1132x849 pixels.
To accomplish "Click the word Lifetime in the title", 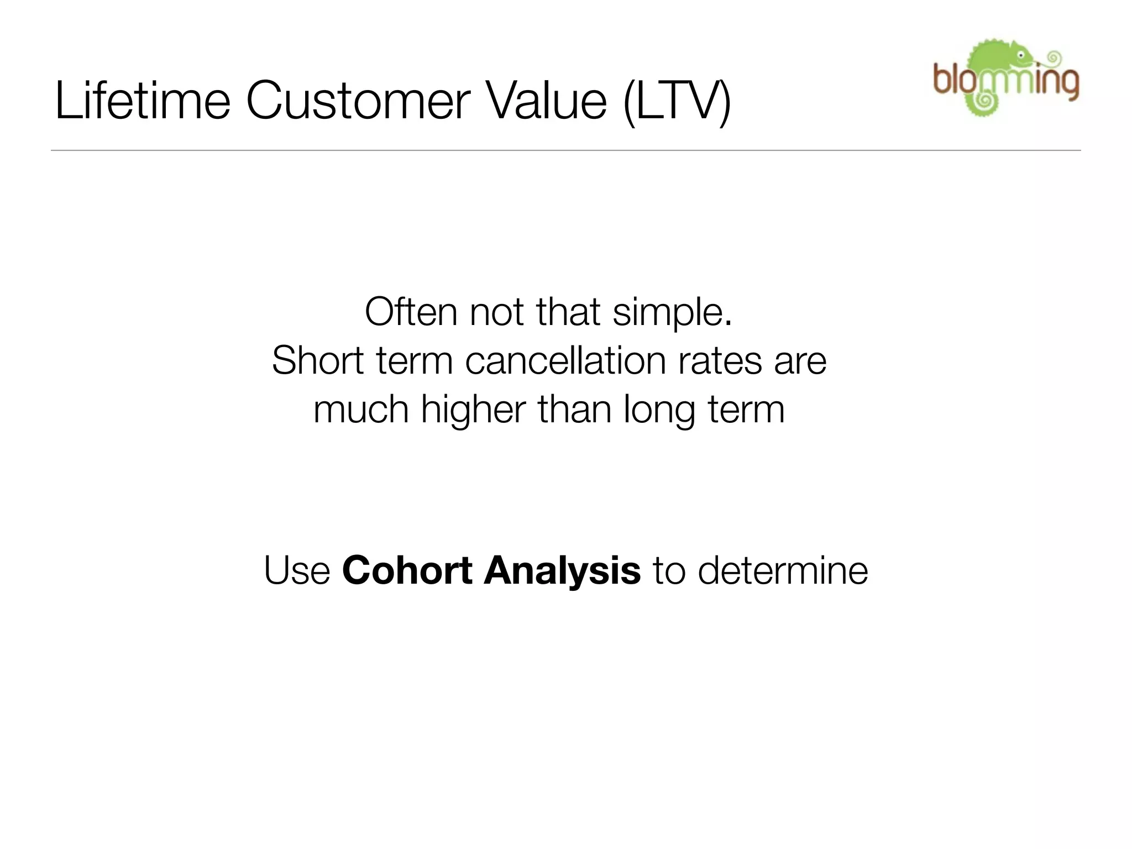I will (143, 101).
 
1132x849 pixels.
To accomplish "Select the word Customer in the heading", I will (358, 101).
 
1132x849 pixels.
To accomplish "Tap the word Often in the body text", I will (411, 312).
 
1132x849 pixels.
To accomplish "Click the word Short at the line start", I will (318, 360).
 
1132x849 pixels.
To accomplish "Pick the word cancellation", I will (566, 360).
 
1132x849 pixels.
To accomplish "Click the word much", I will (361, 410).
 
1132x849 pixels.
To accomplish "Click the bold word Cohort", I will (407, 570).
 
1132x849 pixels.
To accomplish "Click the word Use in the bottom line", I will (297, 570).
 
